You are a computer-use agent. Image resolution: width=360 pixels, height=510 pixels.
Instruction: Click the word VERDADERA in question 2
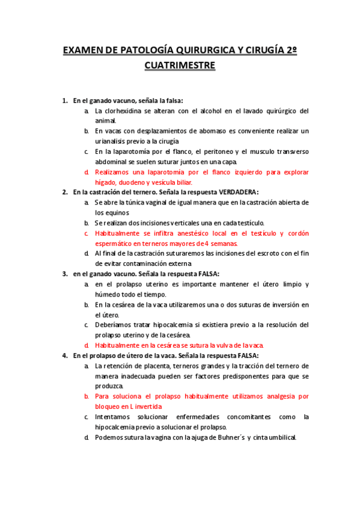(234, 192)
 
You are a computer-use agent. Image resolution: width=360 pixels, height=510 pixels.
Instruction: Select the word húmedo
(107, 294)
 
